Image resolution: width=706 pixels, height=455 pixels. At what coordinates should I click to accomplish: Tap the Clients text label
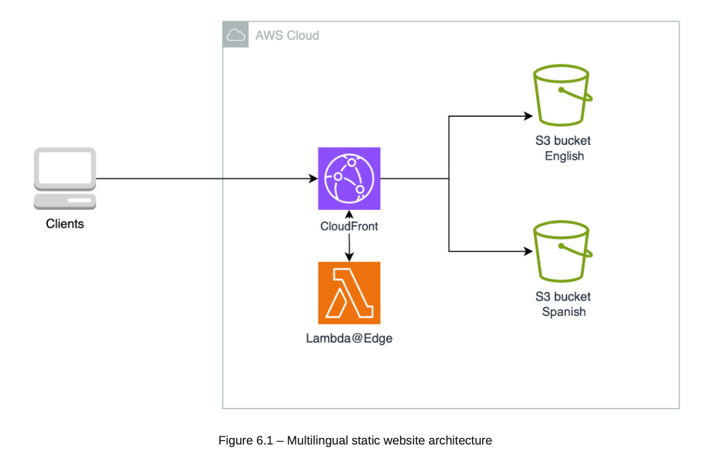point(65,224)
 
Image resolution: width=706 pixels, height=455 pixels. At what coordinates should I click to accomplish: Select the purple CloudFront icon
point(349,178)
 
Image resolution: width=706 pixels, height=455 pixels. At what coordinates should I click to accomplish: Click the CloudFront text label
point(349,226)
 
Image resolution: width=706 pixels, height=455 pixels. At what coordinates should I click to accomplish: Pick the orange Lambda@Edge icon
point(349,293)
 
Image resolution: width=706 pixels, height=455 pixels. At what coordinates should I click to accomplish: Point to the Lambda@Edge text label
point(349,339)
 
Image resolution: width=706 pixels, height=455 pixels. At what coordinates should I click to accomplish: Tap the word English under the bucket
point(564,156)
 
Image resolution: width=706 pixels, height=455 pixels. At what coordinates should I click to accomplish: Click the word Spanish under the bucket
point(564,312)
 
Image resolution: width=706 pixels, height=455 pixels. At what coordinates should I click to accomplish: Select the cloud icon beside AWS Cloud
point(236,36)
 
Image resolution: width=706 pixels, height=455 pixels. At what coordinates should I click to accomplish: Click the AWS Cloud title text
point(287,36)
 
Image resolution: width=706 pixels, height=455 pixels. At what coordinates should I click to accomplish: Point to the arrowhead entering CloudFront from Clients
point(314,178)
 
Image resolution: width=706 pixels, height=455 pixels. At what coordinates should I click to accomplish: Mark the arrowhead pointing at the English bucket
point(529,116)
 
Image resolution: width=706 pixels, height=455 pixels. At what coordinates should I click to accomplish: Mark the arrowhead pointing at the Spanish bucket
point(529,251)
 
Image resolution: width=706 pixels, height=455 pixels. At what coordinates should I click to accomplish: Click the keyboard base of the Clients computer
point(65,202)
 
